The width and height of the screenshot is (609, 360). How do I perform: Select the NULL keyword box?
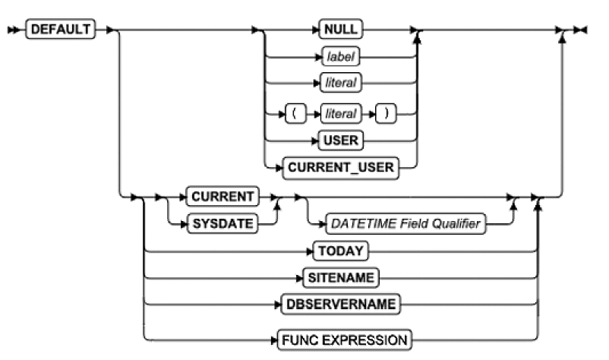[338, 30]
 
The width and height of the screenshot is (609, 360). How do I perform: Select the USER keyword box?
[339, 141]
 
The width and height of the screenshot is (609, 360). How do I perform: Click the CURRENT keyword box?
[222, 196]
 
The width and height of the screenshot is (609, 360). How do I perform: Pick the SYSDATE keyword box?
[222, 224]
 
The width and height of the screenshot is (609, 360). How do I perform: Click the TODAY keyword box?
[339, 250]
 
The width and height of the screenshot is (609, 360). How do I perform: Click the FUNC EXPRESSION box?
[355, 338]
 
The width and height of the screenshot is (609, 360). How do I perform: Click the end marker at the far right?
[581, 30]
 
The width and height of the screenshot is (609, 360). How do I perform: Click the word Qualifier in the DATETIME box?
[454, 224]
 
